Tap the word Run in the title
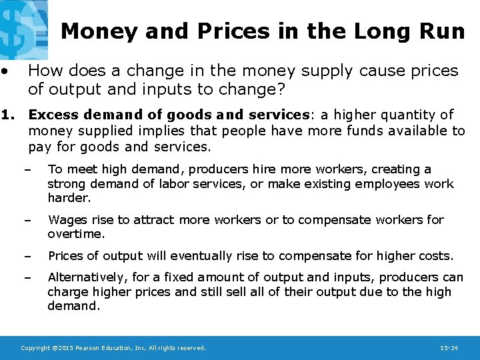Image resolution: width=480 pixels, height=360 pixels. (x=443, y=31)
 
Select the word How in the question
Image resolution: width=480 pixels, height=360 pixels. (x=45, y=71)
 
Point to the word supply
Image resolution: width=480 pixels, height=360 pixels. (x=339, y=71)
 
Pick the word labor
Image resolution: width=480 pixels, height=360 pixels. (x=174, y=184)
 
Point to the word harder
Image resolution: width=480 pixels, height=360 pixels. (x=68, y=198)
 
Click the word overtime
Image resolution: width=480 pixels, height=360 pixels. (x=76, y=234)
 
